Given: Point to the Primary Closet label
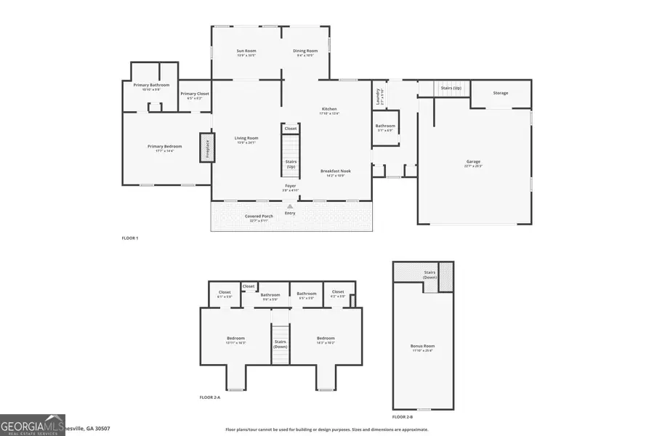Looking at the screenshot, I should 195,94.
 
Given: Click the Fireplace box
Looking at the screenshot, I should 206,148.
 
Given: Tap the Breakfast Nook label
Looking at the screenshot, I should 336,172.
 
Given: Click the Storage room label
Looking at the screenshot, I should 501,93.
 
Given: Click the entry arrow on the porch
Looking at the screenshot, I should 290,206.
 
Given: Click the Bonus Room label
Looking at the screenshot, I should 422,347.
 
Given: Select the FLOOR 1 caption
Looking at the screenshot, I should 130,238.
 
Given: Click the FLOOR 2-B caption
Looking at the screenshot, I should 403,417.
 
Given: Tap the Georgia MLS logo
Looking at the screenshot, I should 33,424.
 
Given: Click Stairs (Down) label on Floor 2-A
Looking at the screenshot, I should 280,344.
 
